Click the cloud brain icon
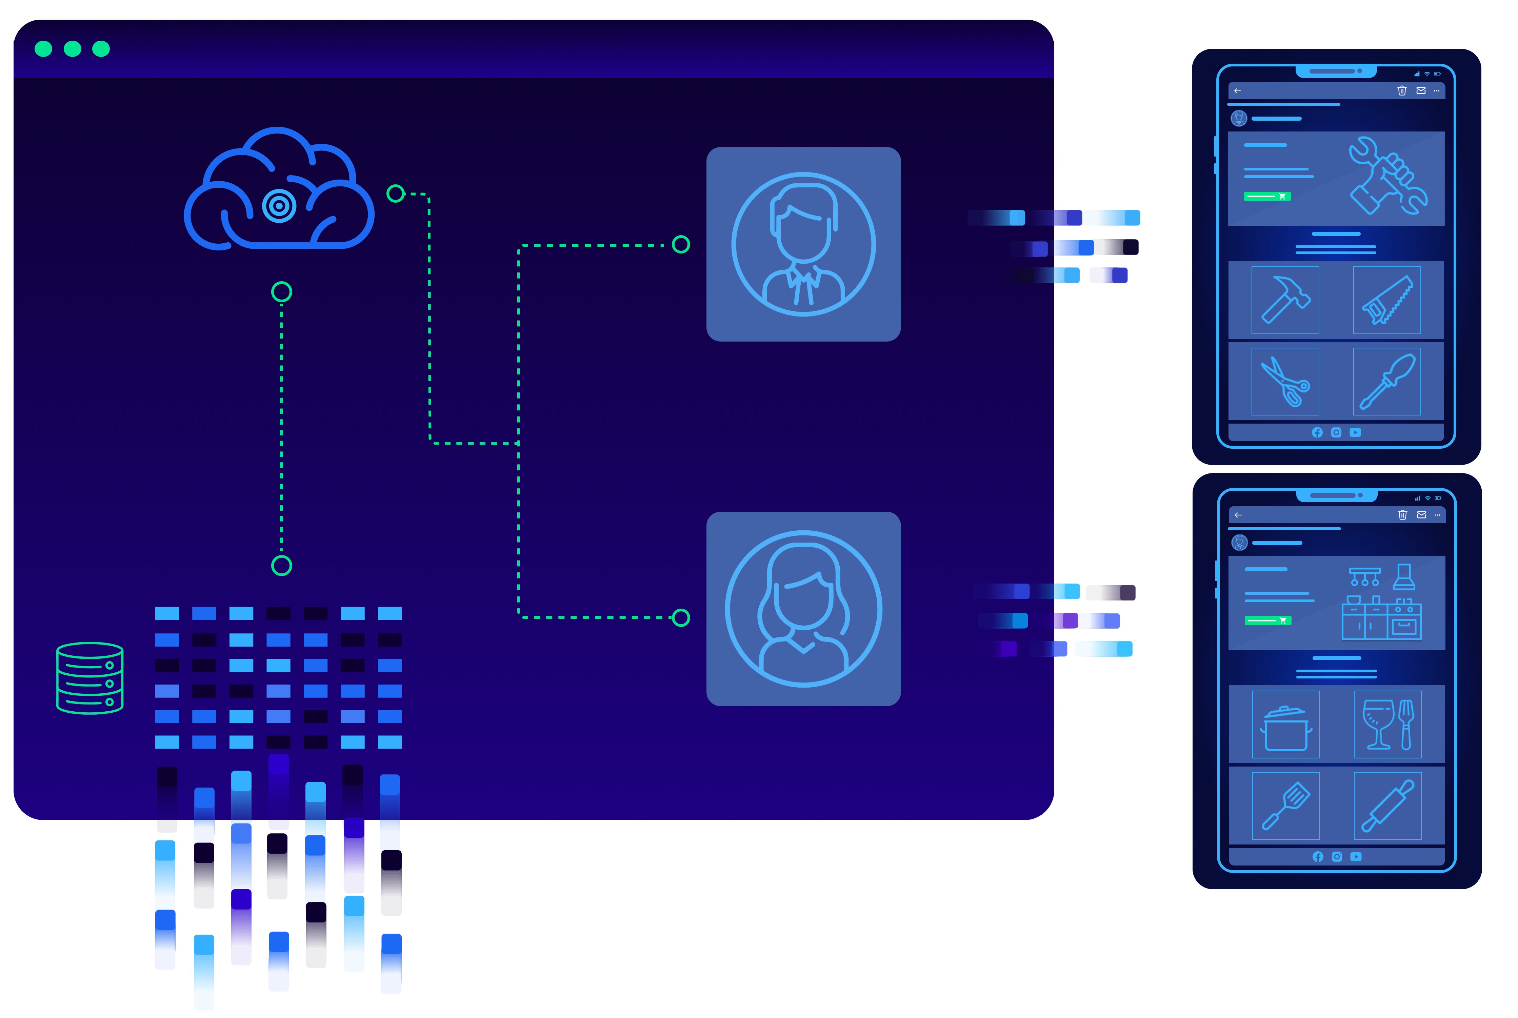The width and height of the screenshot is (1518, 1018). pos(279,191)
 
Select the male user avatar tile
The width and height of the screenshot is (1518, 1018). pos(803,244)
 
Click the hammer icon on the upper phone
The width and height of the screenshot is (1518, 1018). pos(1285,300)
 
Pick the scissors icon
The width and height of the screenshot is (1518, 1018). pos(1285,382)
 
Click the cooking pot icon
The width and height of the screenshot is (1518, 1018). pos(1285,725)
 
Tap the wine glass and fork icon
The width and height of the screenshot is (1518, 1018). pos(1387,725)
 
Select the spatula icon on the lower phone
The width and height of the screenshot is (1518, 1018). pos(1285,806)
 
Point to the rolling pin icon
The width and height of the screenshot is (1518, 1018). pos(1387,806)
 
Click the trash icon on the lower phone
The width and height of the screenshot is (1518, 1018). pos(1402,515)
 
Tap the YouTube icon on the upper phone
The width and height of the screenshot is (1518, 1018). pos(1355,432)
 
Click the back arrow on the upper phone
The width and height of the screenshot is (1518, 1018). pos(1238,91)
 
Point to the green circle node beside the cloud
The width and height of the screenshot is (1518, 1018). pos(395,194)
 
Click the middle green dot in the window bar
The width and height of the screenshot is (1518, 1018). pos(72,49)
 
